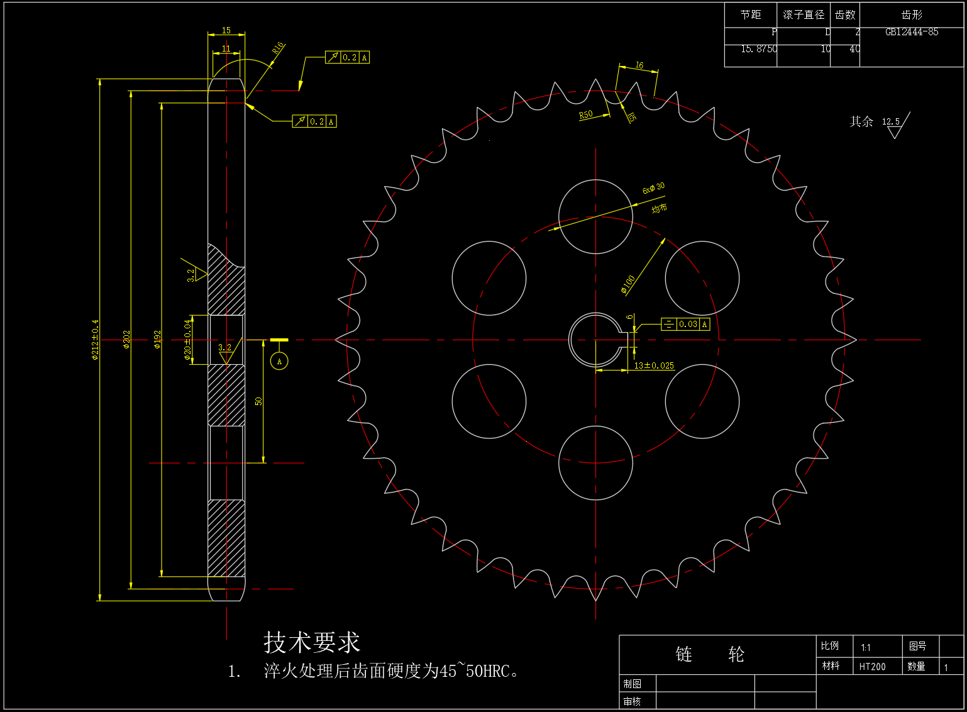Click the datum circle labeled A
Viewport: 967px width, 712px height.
click(x=279, y=361)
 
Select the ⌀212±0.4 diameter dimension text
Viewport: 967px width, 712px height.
click(x=95, y=340)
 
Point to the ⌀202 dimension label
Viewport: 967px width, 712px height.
click(x=126, y=340)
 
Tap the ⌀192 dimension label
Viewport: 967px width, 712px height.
click(x=157, y=340)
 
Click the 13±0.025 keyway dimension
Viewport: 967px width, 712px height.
click(x=654, y=365)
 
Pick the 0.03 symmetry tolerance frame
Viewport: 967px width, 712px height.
click(x=685, y=325)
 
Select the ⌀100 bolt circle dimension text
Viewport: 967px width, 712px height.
click(x=628, y=284)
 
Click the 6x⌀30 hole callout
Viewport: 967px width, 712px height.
click(x=653, y=188)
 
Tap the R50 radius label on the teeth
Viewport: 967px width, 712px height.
click(x=585, y=114)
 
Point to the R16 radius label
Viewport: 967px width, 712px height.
click(x=278, y=48)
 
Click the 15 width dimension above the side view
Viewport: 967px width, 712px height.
click(x=226, y=30)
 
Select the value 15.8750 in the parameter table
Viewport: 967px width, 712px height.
click(x=758, y=49)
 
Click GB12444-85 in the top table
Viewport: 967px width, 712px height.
click(x=912, y=32)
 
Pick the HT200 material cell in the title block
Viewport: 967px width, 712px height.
click(x=872, y=667)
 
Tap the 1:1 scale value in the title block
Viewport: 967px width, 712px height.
click(x=866, y=647)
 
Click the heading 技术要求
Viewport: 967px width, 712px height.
click(x=312, y=642)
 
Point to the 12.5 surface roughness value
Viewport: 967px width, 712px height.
click(x=890, y=121)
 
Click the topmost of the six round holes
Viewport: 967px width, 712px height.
click(x=595, y=216)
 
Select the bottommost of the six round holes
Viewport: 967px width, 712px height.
click(x=595, y=463)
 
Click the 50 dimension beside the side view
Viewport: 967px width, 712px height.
click(x=258, y=401)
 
